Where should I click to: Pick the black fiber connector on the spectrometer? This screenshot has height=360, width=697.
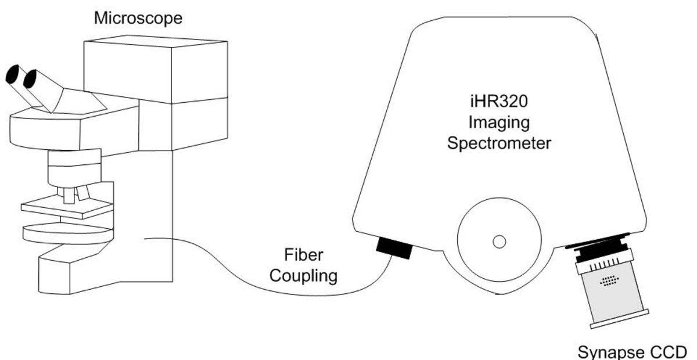coord(394,248)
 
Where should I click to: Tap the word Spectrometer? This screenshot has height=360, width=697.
coord(498,142)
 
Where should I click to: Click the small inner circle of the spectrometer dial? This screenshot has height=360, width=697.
coord(498,240)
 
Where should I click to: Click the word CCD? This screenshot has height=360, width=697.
coord(669,352)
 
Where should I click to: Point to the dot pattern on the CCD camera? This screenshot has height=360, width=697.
coord(609,282)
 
